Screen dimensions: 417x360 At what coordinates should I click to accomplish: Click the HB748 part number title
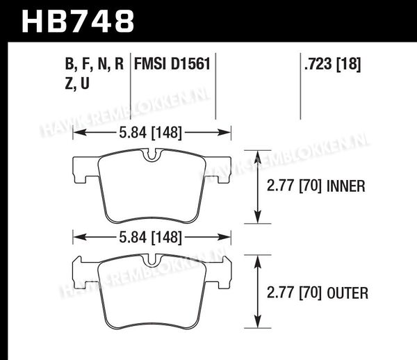tap(78, 22)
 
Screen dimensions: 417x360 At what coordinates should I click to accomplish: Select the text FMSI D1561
tap(172, 64)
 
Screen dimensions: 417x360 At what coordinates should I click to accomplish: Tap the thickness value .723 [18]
tap(333, 65)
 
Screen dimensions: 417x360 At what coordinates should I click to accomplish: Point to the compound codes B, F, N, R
tap(95, 65)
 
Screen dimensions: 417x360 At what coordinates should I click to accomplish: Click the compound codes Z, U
tap(77, 84)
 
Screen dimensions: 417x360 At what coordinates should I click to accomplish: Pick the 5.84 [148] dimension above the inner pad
tap(151, 133)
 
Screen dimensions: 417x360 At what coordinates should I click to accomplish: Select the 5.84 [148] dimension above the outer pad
tap(151, 238)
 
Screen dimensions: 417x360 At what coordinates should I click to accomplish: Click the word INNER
tap(345, 186)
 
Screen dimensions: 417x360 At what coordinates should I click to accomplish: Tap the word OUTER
tap(347, 293)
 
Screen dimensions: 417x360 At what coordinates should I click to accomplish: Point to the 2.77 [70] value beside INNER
tap(294, 186)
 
